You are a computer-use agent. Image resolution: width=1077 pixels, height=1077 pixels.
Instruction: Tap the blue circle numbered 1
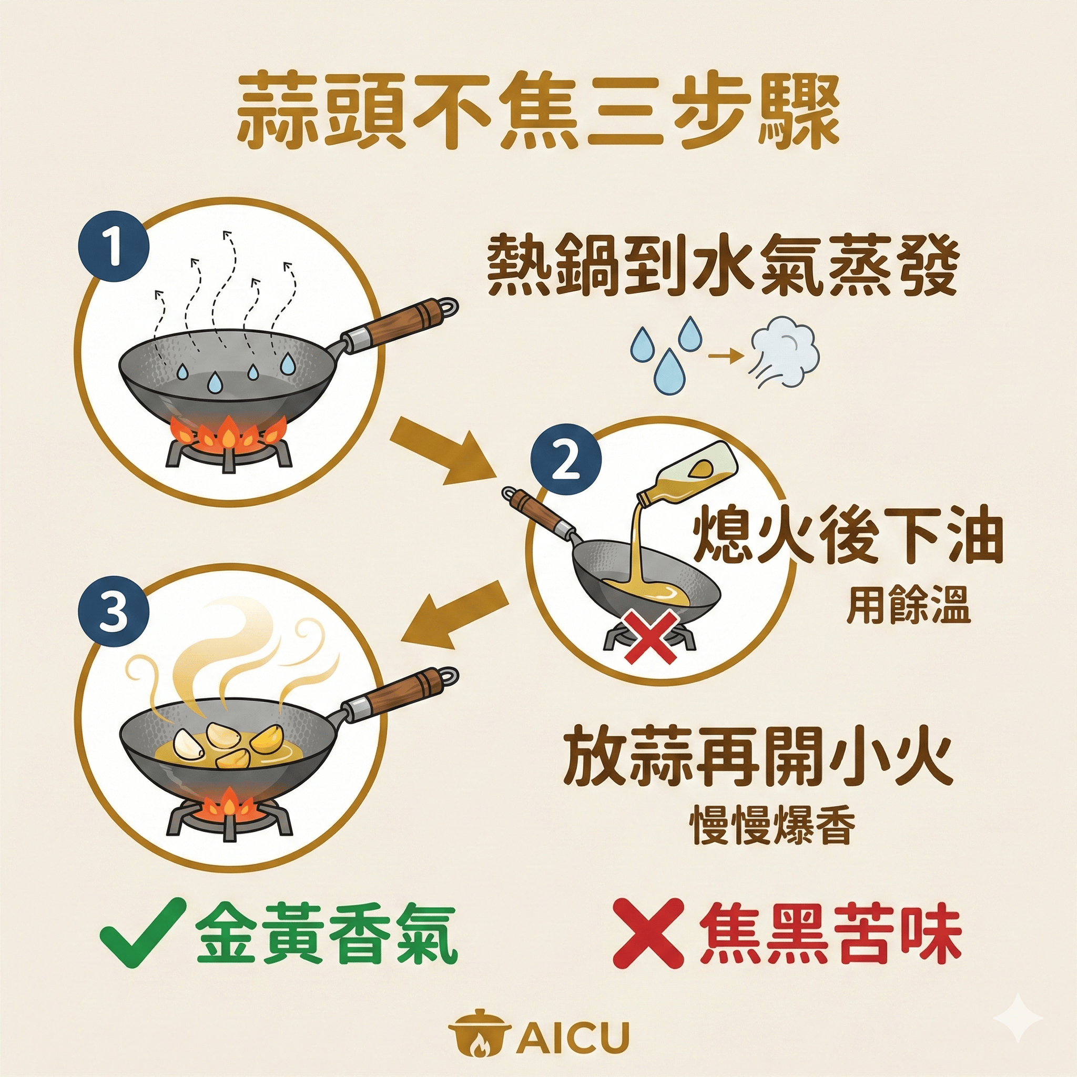114,247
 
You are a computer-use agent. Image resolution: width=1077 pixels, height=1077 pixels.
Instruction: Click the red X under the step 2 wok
651,635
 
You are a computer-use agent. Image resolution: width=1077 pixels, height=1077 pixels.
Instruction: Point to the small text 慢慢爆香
772,826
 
